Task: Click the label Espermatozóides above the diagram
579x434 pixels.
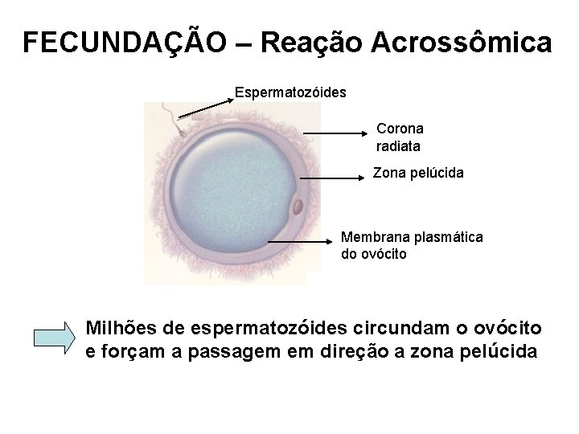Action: tap(290, 92)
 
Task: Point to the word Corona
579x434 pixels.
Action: tap(400, 129)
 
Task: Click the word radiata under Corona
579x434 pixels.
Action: tap(397, 146)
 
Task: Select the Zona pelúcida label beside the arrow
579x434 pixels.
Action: tap(417, 173)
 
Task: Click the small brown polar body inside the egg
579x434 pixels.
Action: tap(298, 207)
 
